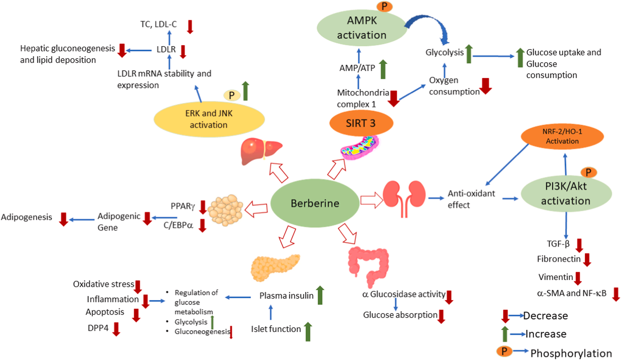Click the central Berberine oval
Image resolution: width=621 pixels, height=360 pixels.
point(315,203)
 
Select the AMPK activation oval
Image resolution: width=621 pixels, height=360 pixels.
point(362,28)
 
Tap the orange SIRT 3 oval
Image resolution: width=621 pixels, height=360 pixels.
point(361,123)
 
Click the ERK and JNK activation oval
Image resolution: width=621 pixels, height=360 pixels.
point(209,119)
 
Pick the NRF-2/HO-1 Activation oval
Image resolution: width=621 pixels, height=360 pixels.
point(562,136)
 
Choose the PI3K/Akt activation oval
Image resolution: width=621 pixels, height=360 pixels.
point(566,193)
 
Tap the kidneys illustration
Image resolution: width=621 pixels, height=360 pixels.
point(404,197)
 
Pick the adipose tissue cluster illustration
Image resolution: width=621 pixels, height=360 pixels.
point(226,210)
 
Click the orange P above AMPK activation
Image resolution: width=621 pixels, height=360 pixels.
point(384,6)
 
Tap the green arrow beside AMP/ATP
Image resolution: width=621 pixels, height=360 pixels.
point(383,69)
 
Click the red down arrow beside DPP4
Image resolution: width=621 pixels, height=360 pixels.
point(116,329)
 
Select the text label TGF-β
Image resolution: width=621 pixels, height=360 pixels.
point(558,244)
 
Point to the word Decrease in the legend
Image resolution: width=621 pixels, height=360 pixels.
point(545,316)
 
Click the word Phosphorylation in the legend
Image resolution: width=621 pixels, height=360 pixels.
point(571,353)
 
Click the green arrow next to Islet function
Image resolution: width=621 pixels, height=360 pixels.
point(308,331)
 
